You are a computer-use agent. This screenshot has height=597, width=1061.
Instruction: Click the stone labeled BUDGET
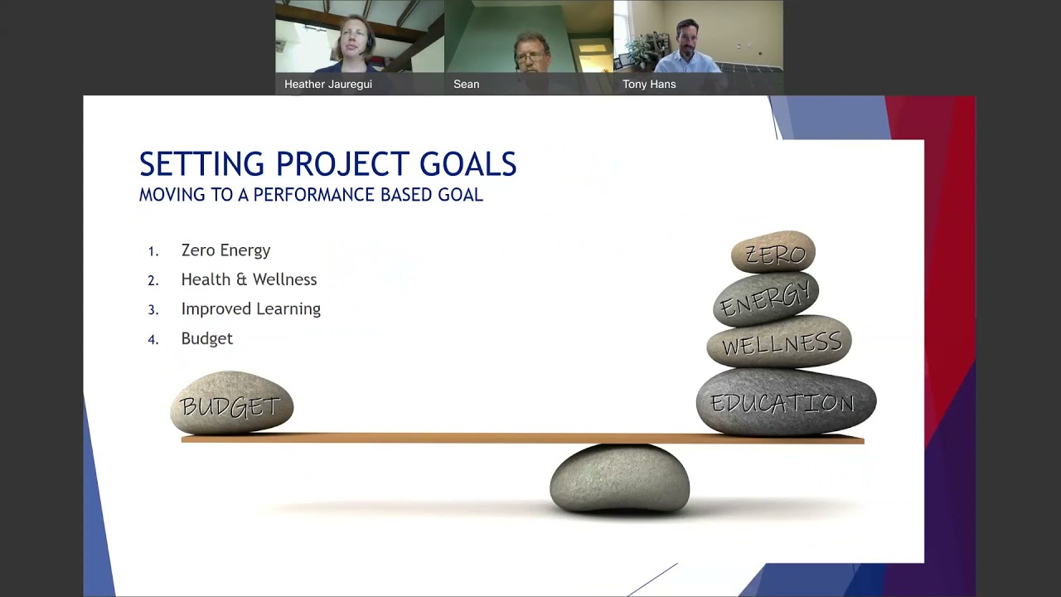click(x=231, y=404)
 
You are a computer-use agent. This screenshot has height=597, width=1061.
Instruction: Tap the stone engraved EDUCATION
click(x=785, y=403)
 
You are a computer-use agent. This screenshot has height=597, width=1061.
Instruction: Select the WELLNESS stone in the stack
click(x=779, y=342)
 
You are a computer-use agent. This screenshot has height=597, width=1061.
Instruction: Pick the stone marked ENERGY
click(x=765, y=298)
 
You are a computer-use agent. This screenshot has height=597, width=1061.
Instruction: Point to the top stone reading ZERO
click(x=773, y=253)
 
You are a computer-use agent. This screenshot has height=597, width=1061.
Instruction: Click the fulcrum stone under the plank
click(x=619, y=478)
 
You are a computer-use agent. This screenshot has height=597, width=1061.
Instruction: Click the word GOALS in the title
click(x=468, y=164)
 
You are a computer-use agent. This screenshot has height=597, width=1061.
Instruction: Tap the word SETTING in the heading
click(x=202, y=164)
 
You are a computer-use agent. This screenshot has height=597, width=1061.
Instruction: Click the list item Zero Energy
click(x=225, y=250)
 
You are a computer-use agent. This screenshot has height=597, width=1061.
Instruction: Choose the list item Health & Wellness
click(x=249, y=279)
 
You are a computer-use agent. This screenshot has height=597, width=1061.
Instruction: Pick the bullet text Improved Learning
click(x=250, y=308)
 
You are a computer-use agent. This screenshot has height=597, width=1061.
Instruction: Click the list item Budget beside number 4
click(x=206, y=338)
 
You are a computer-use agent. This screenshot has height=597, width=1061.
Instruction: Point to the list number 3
click(x=153, y=310)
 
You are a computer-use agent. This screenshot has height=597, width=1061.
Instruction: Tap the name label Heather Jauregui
click(x=328, y=85)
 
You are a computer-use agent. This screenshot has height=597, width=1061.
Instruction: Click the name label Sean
click(x=466, y=85)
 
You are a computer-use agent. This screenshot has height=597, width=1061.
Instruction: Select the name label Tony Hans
click(x=649, y=85)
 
